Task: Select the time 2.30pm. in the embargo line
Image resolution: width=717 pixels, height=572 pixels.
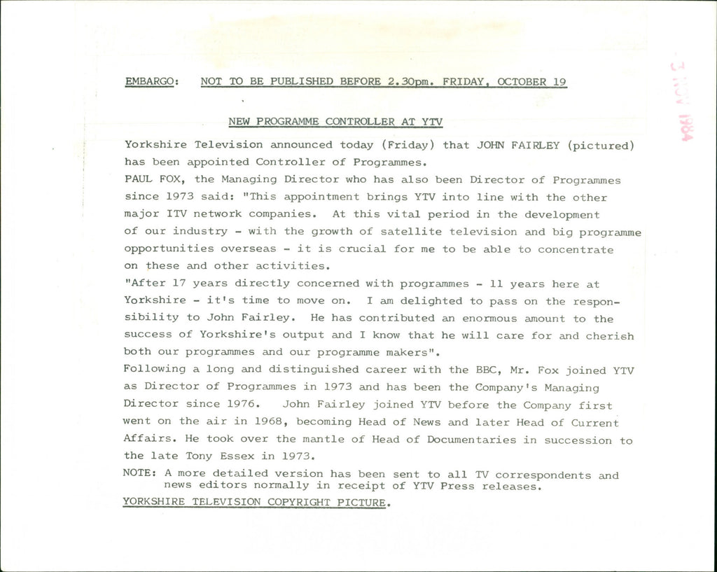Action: coord(410,81)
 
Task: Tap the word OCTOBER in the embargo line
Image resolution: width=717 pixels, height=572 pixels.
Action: coord(522,81)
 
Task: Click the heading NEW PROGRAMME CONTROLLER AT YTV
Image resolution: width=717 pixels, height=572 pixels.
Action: coord(335,121)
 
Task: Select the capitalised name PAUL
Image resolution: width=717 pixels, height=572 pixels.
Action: coord(138,180)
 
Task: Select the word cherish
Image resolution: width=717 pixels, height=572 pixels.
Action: coord(609,336)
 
